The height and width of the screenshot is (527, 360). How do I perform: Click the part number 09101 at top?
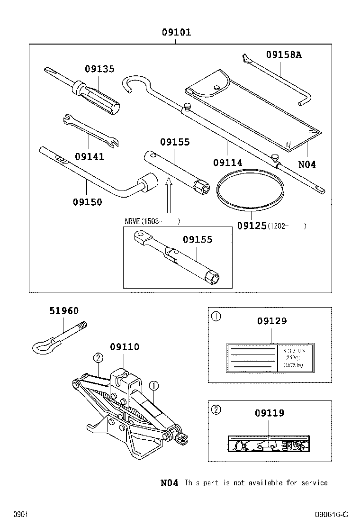coord(176,33)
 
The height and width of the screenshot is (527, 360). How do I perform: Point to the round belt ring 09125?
coord(250,191)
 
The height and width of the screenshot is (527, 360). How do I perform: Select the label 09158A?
coord(284,55)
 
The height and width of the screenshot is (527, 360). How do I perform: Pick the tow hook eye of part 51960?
coord(42,346)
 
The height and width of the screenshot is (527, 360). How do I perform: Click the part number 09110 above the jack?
coord(125,347)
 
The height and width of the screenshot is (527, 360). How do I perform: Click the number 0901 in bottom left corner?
coord(21,515)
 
